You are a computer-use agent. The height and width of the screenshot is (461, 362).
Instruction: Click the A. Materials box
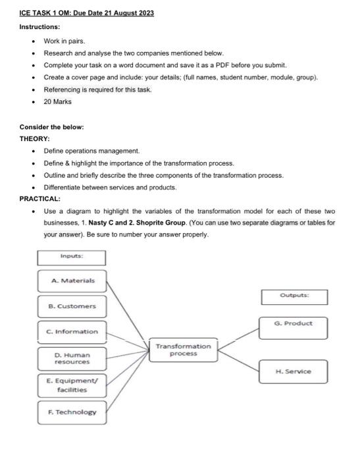tap(72, 281)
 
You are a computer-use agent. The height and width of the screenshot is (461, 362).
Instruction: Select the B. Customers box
tap(72, 306)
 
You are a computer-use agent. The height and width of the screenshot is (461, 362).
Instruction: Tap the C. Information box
tap(72, 331)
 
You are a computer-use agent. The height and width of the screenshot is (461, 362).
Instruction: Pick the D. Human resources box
tap(72, 358)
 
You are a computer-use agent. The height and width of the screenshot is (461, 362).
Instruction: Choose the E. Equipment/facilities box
tap(72, 385)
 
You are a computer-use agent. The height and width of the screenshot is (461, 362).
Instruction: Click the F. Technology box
tap(72, 412)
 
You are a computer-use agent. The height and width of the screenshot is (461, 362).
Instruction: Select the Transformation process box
tap(184, 349)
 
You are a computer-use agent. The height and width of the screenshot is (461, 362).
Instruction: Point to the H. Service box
tap(294, 371)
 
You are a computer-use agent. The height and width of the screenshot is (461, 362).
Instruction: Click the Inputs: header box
tap(71, 257)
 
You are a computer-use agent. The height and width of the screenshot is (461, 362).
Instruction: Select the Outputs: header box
tap(294, 296)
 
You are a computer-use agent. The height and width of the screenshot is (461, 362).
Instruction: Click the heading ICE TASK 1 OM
tap(87, 13)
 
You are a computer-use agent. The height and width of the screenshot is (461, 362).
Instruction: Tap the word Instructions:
tap(39, 27)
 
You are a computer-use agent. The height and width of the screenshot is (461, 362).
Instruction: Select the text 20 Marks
tap(57, 102)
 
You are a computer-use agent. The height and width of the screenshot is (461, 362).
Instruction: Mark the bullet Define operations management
tap(91, 151)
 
